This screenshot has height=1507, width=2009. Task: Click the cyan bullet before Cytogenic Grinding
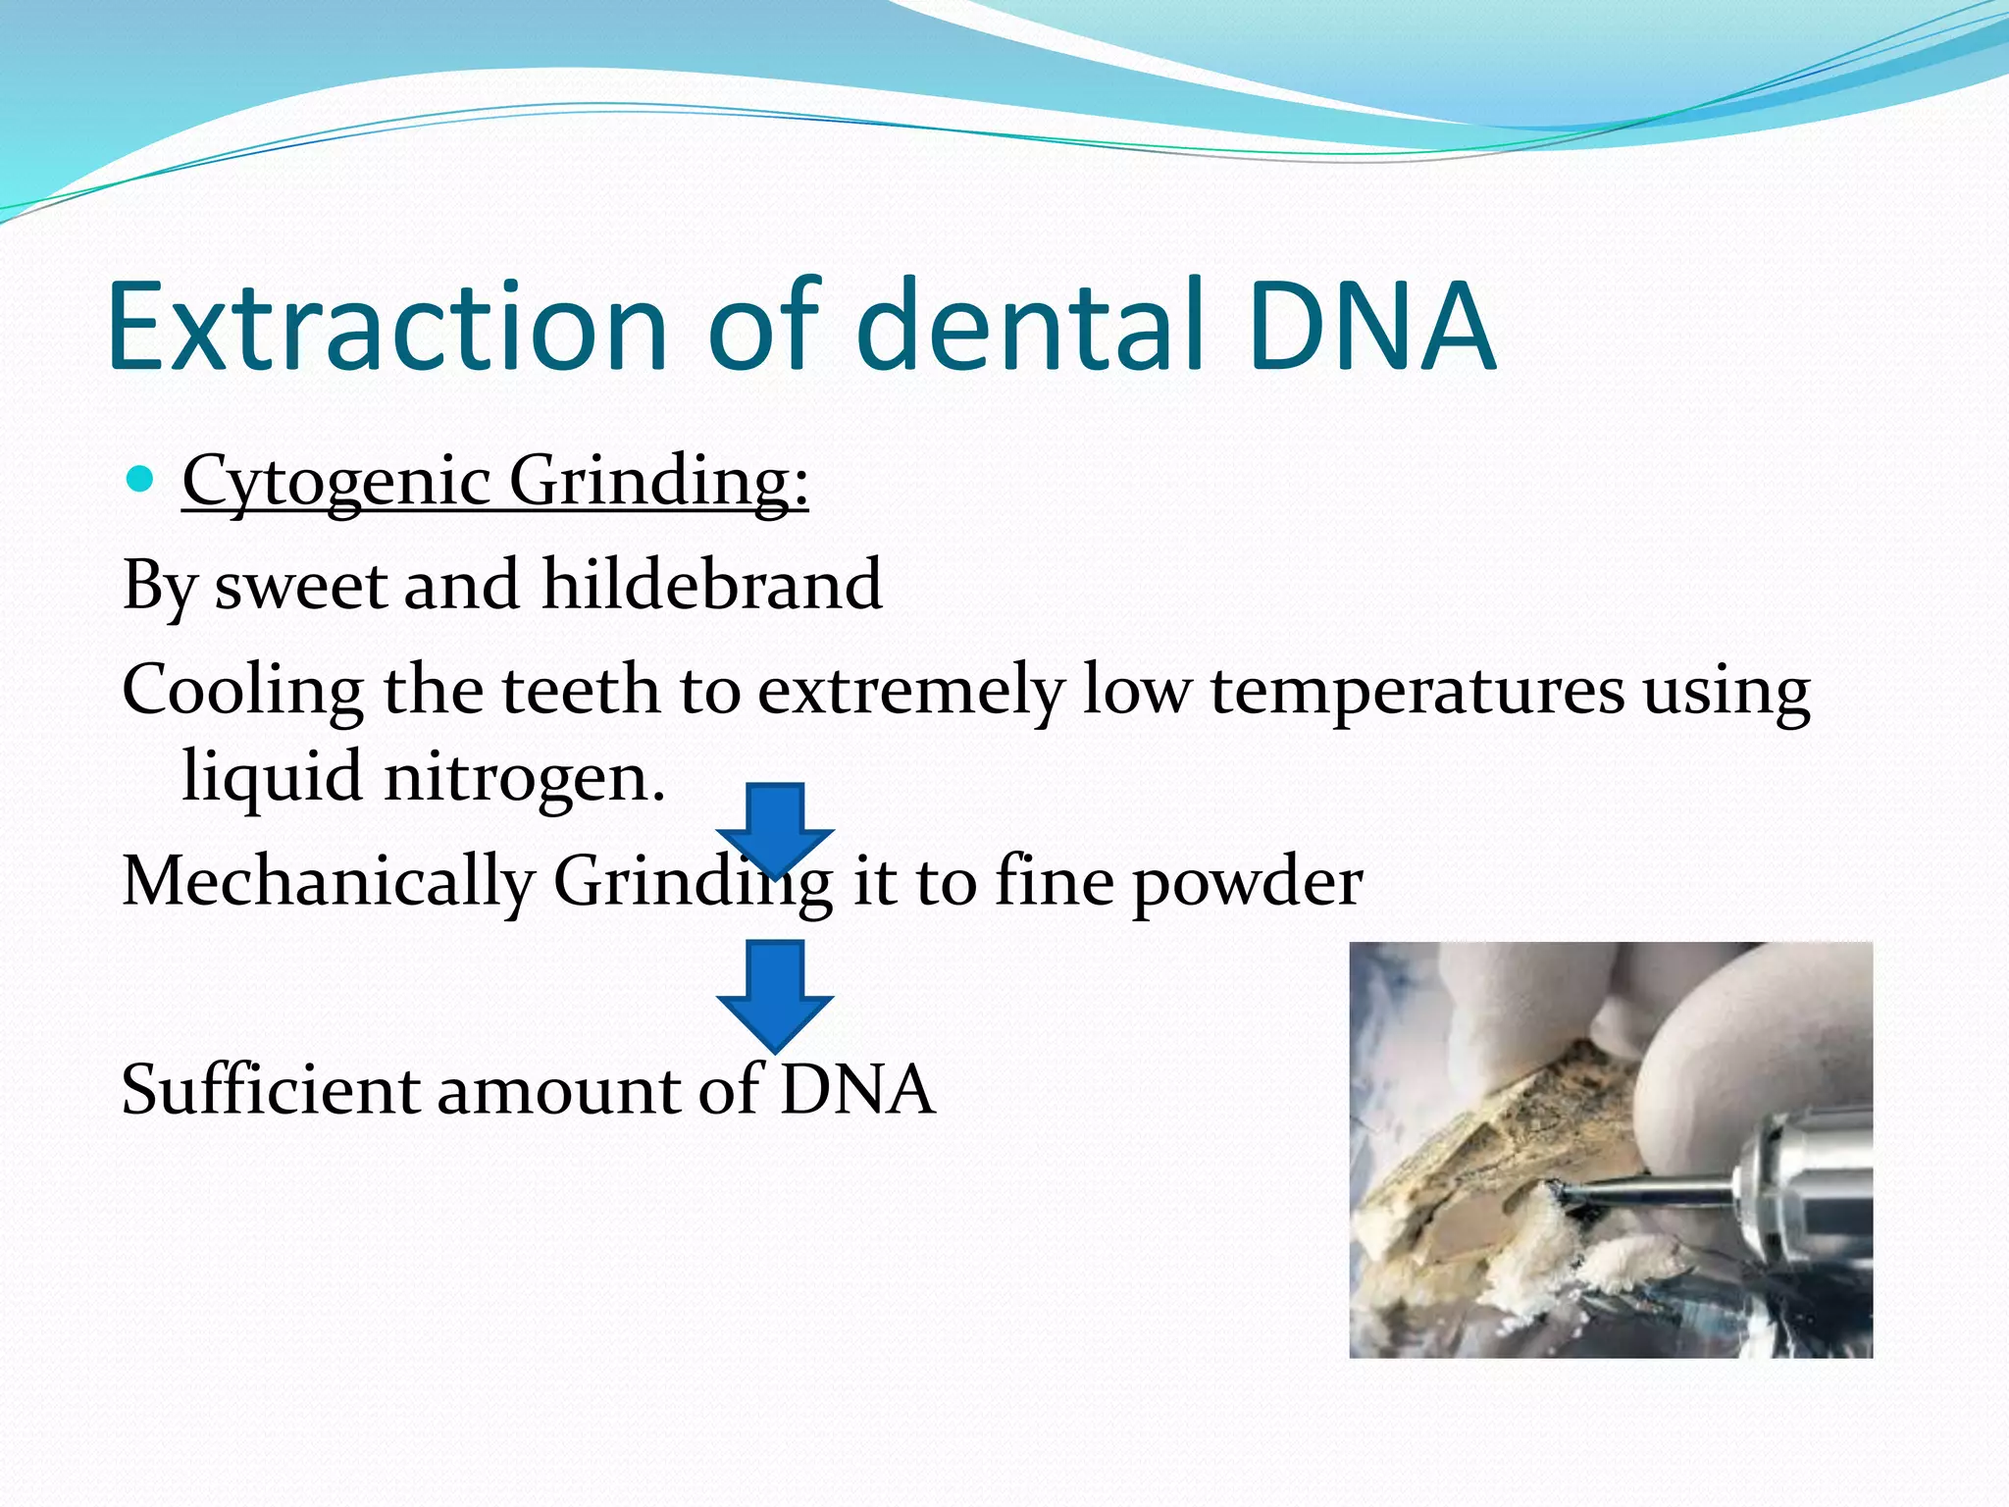click(x=141, y=479)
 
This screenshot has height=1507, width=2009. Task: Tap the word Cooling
click(x=243, y=691)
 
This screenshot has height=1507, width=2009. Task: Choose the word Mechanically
click(x=327, y=881)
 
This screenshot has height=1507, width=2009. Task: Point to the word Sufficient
click(x=270, y=1089)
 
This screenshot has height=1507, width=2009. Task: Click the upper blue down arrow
click(x=775, y=824)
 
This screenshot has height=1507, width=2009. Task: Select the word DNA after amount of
click(x=857, y=1089)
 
